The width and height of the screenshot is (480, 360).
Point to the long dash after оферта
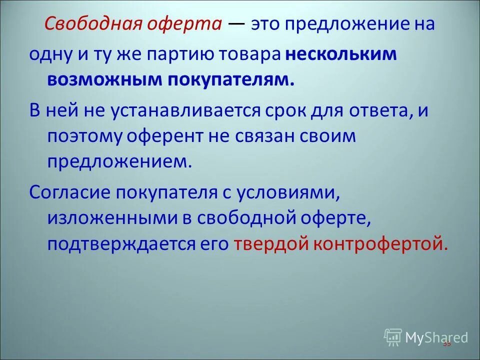tap(236, 23)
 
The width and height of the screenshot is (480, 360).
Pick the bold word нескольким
tap(341, 55)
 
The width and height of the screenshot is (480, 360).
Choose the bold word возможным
tap(104, 80)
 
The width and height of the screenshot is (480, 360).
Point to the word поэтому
tap(81, 136)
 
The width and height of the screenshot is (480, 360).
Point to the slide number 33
tap(446, 343)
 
